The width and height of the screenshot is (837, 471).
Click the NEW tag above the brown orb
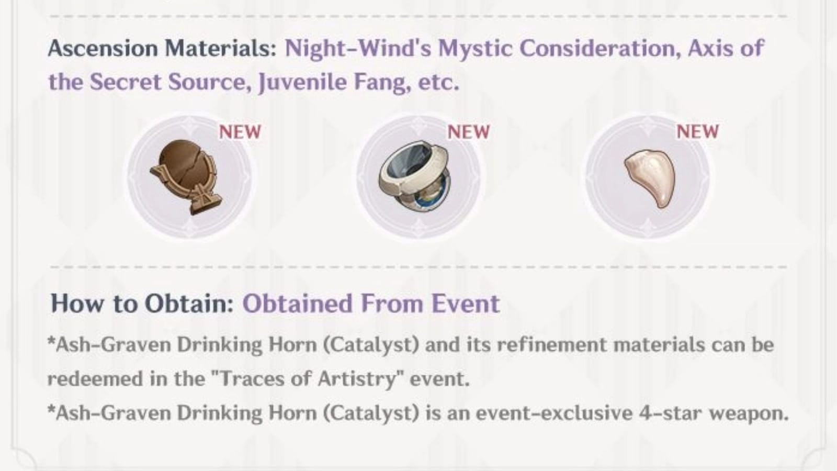pos(240,132)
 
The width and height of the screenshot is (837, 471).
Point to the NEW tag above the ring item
pos(468,132)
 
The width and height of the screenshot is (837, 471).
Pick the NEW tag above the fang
pos(697,132)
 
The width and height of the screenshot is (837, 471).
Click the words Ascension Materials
pos(162,49)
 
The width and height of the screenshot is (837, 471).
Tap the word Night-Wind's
pos(358,49)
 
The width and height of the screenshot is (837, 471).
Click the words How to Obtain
pos(142,304)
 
